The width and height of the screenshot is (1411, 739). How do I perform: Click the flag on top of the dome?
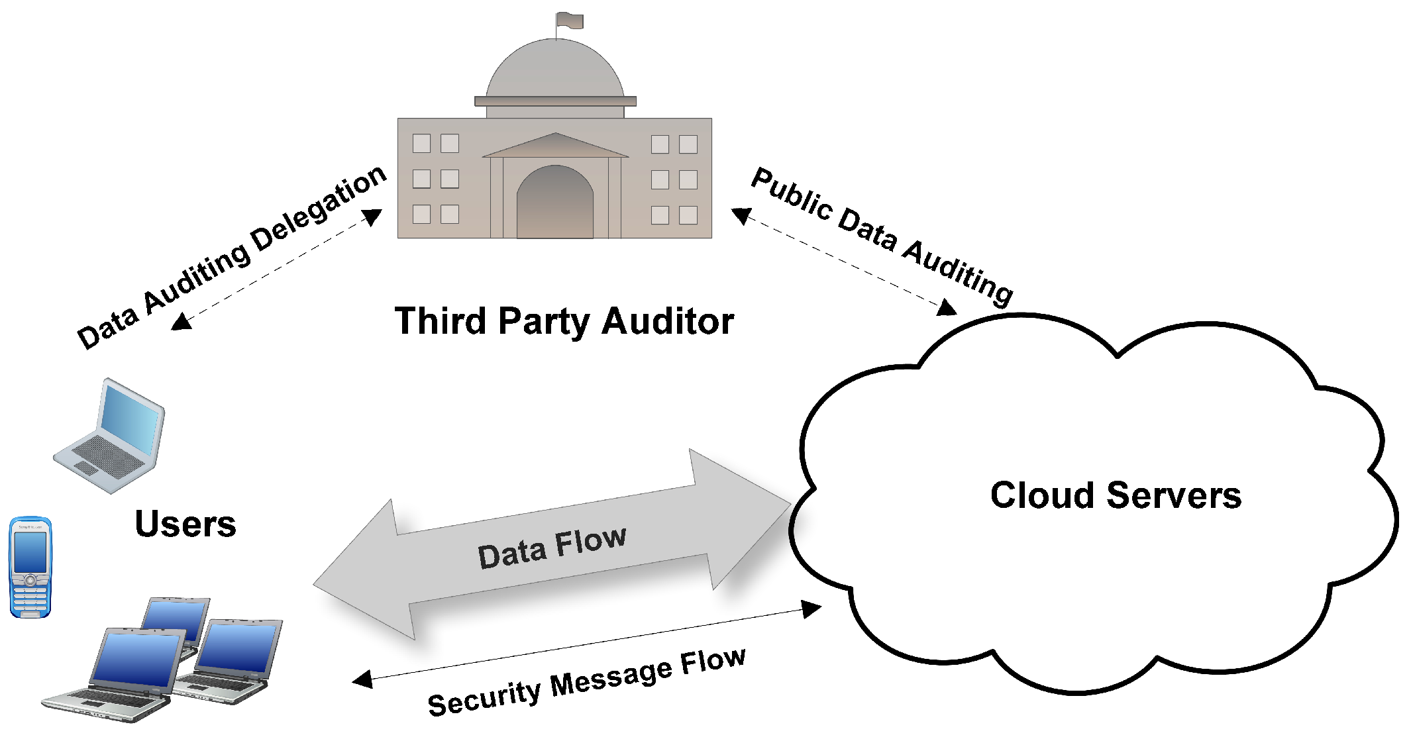(570, 21)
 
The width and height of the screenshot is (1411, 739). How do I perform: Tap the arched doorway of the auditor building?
(554, 203)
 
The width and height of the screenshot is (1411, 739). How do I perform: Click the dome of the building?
(555, 70)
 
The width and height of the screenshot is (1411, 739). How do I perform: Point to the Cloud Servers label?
(1116, 495)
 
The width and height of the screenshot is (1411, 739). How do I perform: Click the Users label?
(185, 524)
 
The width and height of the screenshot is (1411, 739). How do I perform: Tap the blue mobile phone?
(30, 567)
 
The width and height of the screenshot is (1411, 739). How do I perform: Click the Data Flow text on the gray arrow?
(552, 546)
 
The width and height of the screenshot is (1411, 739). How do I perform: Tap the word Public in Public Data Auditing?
(792, 193)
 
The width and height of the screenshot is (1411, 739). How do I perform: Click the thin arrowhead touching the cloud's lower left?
(811, 609)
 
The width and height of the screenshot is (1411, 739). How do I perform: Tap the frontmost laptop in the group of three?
(119, 675)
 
